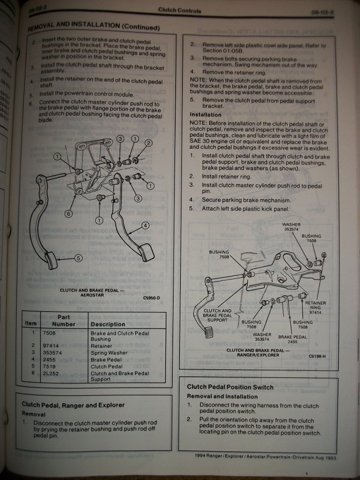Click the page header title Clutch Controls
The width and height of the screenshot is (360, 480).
pyautogui.click(x=180, y=11)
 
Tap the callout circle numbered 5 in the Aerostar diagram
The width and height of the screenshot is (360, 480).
pyautogui.click(x=78, y=257)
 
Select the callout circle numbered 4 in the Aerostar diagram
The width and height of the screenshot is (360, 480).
pyautogui.click(x=145, y=225)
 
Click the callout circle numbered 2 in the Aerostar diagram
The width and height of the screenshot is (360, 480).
pyautogui.click(x=149, y=143)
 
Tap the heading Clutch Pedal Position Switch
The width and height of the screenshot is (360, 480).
pyautogui.click(x=230, y=387)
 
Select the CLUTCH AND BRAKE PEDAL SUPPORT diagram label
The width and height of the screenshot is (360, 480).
pyautogui.click(x=217, y=315)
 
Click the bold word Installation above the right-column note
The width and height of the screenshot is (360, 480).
pyautogui.click(x=205, y=115)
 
